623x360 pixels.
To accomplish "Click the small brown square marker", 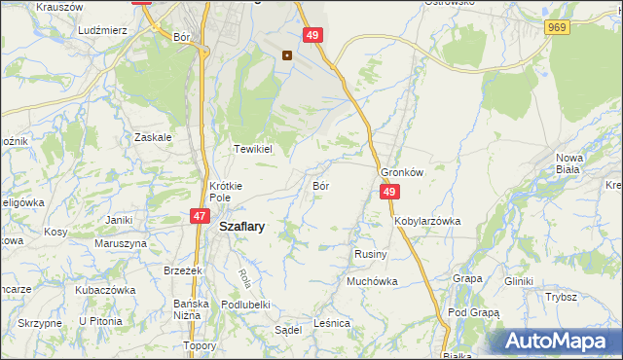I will (x=287, y=54).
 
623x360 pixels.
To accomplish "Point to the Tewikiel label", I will (x=250, y=149).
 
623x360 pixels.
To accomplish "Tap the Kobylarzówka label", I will (x=427, y=221).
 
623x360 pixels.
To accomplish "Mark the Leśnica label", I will (x=332, y=322).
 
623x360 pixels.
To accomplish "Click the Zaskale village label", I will (x=154, y=137).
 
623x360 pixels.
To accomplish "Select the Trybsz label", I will (x=562, y=298).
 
